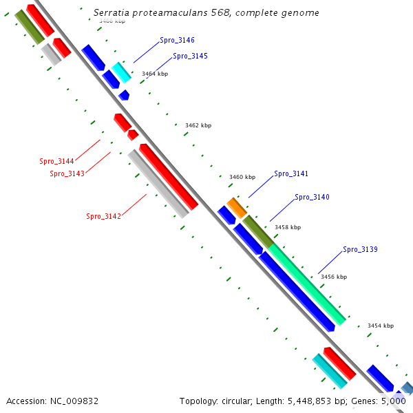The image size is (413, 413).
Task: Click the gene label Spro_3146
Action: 177,41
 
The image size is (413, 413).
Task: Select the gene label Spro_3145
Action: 190,56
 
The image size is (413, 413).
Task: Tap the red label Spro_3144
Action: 56,162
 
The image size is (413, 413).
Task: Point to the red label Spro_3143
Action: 67,174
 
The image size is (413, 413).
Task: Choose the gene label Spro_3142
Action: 103,217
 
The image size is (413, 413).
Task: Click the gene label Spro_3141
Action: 291,174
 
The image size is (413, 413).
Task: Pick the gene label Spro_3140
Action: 312,198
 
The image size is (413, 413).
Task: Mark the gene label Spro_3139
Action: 360,249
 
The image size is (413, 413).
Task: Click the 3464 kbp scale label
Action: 155,74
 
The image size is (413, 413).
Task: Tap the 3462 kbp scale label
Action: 198,125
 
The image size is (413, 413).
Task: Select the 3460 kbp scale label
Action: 242,177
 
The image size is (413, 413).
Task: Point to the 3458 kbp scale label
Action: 288,227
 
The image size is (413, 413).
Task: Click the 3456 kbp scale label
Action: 334,277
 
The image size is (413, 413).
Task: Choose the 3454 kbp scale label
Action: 381,326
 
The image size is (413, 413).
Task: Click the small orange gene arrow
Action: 237,206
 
